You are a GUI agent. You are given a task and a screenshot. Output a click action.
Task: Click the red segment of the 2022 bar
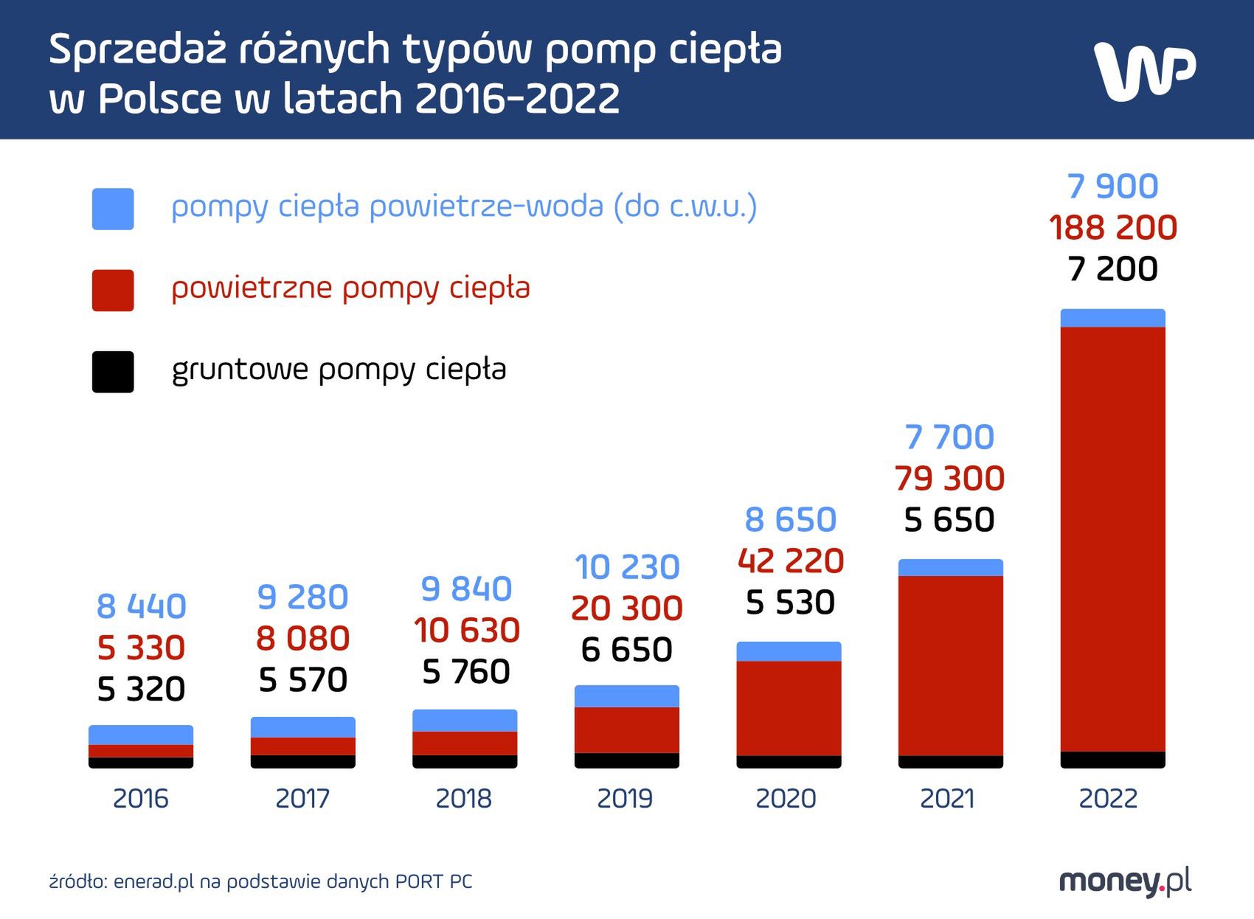coord(1112,538)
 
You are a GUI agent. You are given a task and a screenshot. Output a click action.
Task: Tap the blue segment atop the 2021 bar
coord(950,567)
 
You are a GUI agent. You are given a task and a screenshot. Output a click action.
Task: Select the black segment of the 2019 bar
coord(626,760)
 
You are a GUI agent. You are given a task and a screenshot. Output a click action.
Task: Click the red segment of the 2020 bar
coord(789,708)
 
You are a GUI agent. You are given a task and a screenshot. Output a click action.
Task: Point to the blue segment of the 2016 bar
coord(141,735)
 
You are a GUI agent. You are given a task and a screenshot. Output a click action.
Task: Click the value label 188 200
coord(1112,227)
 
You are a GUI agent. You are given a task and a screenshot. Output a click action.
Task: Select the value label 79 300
coord(949,479)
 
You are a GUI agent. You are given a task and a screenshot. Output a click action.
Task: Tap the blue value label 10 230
coord(627,567)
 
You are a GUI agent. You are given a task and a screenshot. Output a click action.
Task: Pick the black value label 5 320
coord(141,689)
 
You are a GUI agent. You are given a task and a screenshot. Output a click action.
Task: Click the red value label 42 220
coord(790,561)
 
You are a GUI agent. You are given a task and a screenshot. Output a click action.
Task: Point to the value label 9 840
coord(466,589)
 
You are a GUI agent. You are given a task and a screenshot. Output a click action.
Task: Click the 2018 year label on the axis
coord(464,799)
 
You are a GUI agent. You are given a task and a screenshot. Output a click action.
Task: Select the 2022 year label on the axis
coord(1108,799)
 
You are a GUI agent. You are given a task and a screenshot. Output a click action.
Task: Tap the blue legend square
coord(113,209)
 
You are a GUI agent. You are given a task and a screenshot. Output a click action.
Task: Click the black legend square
coord(113,372)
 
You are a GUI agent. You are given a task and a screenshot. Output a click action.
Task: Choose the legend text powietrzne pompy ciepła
coord(350,288)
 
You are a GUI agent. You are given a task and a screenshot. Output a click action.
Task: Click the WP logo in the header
coord(1143,71)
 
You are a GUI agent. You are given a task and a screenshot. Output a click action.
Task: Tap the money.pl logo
coord(1124,881)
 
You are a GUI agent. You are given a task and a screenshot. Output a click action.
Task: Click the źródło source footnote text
coord(260,881)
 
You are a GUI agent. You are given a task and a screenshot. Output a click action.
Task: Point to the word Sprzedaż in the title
coord(137,50)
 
